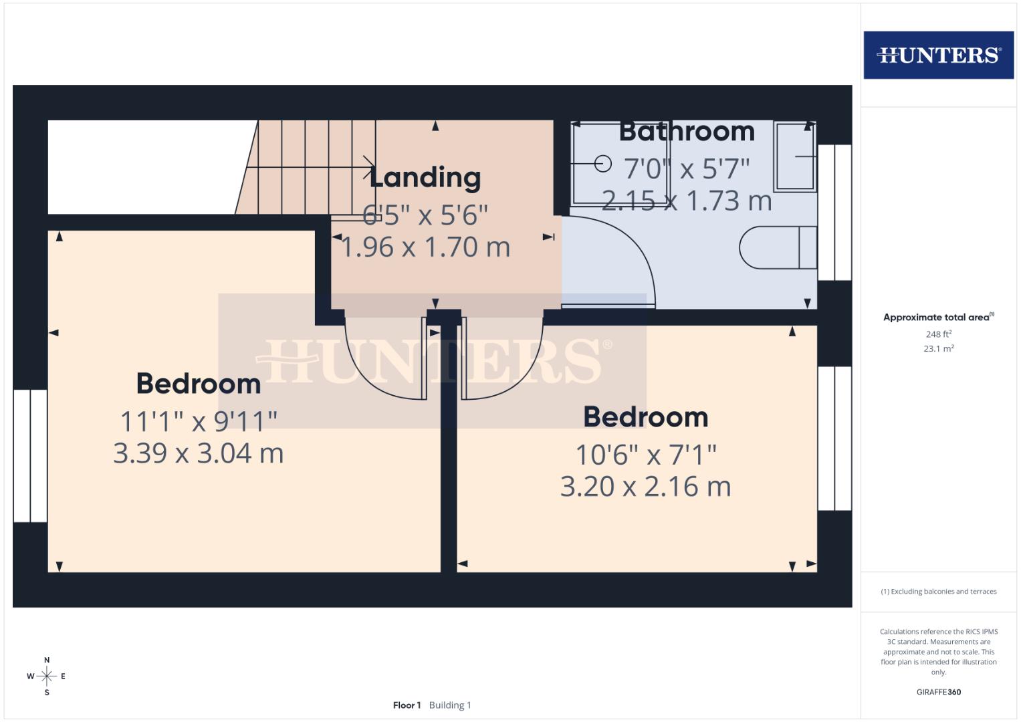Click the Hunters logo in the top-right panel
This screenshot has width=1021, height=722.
tap(938, 55)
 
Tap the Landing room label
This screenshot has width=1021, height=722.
tap(425, 177)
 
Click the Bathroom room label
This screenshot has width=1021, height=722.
tap(687, 131)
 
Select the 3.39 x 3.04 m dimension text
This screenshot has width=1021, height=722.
tap(199, 453)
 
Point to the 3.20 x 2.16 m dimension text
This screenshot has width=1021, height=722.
tap(645, 487)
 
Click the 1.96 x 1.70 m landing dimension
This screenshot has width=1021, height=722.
tap(425, 247)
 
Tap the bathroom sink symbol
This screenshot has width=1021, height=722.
tap(795, 156)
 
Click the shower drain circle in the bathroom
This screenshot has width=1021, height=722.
tap(602, 163)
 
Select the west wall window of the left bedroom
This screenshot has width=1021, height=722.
tap(30, 455)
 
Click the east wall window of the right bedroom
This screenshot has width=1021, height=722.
tap(834, 439)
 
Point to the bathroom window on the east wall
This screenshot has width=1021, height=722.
tap(834, 213)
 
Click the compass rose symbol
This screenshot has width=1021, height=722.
tap(47, 677)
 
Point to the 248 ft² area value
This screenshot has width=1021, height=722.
tap(938, 334)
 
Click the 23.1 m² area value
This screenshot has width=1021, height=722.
tap(938, 348)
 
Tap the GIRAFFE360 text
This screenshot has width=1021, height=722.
tap(938, 692)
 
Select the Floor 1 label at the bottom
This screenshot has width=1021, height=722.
tap(407, 705)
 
